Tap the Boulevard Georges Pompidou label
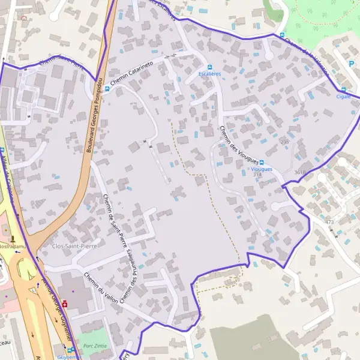pyautogui.click(x=94, y=114)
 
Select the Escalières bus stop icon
pyautogui.click(x=210, y=67)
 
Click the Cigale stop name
pyautogui.click(x=343, y=96)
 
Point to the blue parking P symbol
pyautogui.click(x=352, y=63)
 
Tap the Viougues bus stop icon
pyautogui.click(x=262, y=163)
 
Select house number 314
pyautogui.click(x=257, y=175)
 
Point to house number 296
pyautogui.click(x=284, y=142)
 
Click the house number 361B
pyautogui.click(x=300, y=172)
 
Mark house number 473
pyautogui.click(x=329, y=223)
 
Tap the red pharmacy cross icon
pyautogui.click(x=65, y=304)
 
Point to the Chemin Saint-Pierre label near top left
pyautogui.click(x=61, y=60)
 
